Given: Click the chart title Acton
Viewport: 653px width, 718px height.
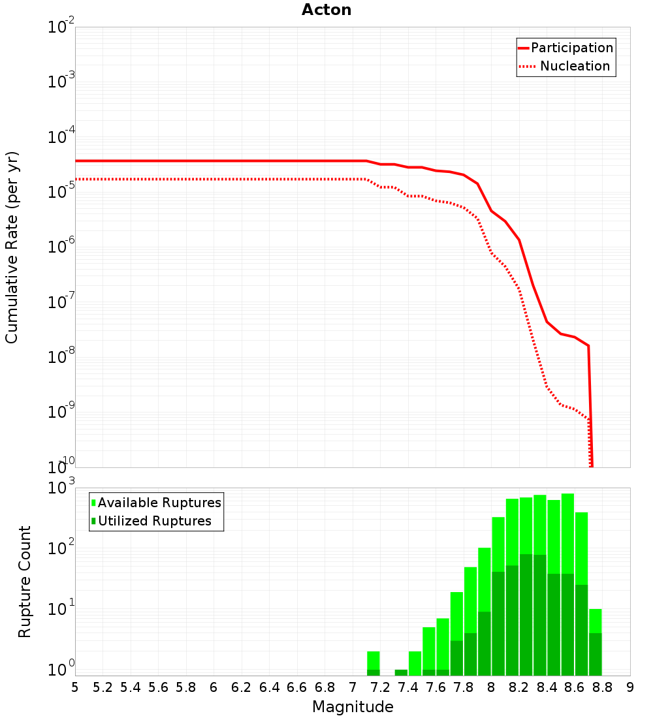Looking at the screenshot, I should (x=326, y=10).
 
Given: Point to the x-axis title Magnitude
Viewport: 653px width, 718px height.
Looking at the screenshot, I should (x=353, y=707).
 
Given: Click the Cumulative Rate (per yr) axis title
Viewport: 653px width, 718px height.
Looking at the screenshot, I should (x=12, y=247).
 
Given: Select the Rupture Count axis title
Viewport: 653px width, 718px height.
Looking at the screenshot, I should (x=25, y=582).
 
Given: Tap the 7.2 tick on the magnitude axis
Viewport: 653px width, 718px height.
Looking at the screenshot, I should (x=380, y=687).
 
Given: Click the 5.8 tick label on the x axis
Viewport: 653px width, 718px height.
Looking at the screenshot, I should (x=185, y=687).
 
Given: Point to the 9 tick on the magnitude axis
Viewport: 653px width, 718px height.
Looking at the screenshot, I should (x=630, y=687).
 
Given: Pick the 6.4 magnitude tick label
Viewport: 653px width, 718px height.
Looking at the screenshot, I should (x=269, y=687).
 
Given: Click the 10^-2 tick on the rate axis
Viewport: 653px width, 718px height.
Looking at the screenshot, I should (x=61, y=28).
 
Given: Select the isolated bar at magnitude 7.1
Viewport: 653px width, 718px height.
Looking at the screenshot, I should (x=373, y=663).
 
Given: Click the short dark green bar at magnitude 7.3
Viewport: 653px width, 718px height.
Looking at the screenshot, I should (x=401, y=672).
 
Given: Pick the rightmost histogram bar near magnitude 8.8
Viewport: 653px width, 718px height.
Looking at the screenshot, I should (x=595, y=643).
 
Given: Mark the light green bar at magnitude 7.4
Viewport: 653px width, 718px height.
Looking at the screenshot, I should (x=415, y=663).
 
